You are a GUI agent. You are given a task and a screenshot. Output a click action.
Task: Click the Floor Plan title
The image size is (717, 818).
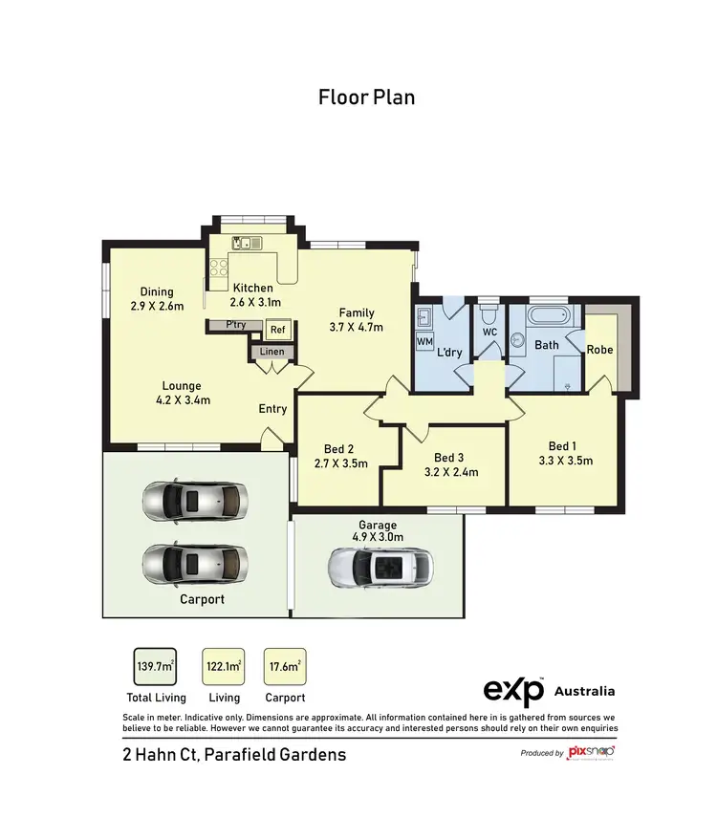(x=367, y=97)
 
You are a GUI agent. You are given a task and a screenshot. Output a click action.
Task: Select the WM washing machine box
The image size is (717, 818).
(x=424, y=341)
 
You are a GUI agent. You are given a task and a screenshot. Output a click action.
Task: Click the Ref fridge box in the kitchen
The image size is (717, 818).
(x=277, y=330)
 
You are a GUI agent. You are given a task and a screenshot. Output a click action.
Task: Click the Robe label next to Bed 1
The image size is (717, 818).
(x=599, y=350)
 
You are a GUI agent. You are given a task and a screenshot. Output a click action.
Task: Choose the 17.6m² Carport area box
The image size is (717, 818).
(x=285, y=666)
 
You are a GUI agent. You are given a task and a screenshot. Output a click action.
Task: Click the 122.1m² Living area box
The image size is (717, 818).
(x=223, y=666)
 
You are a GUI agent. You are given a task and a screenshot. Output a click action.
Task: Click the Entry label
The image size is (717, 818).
(x=272, y=409)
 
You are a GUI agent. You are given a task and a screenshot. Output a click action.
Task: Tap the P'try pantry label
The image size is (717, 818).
(x=235, y=325)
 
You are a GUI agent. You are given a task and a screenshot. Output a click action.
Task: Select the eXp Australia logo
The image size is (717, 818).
(x=548, y=691)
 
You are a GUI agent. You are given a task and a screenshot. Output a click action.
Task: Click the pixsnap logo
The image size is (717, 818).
(x=590, y=752)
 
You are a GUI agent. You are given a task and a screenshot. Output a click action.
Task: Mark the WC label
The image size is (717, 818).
(x=490, y=332)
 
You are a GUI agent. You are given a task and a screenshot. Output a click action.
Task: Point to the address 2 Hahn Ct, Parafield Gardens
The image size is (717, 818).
(x=234, y=754)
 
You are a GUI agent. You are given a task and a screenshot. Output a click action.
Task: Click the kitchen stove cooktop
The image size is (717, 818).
(x=217, y=269)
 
